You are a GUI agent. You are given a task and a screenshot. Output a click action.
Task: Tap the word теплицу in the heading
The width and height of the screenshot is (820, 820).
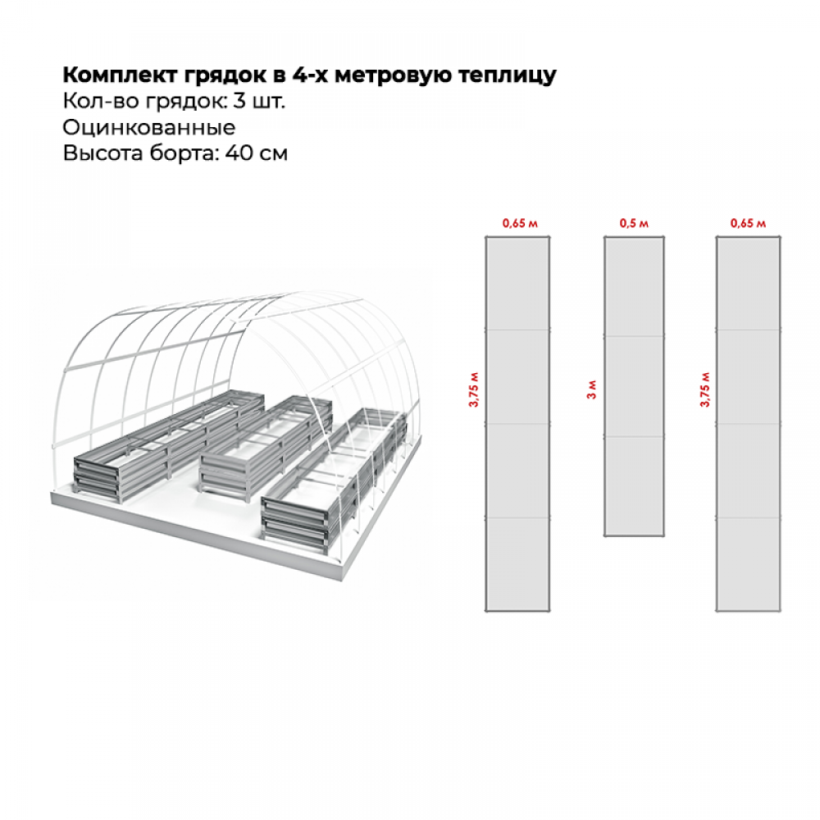(x=514, y=75)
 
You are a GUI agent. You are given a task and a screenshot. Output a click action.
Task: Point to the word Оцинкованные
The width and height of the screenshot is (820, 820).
(x=148, y=128)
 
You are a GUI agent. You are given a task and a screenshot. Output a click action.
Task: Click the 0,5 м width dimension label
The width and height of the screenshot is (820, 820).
(x=634, y=223)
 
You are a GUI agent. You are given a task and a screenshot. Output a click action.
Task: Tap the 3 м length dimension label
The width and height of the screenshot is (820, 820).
(x=591, y=389)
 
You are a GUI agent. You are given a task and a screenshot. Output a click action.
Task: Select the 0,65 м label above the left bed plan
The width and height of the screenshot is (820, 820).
(x=519, y=223)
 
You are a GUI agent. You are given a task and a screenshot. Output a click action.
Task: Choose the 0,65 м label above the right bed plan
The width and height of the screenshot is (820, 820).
(x=748, y=223)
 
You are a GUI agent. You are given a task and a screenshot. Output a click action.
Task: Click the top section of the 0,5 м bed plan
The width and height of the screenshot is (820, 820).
(x=634, y=287)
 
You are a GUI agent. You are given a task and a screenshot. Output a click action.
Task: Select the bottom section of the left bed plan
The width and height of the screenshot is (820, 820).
(x=518, y=564)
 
